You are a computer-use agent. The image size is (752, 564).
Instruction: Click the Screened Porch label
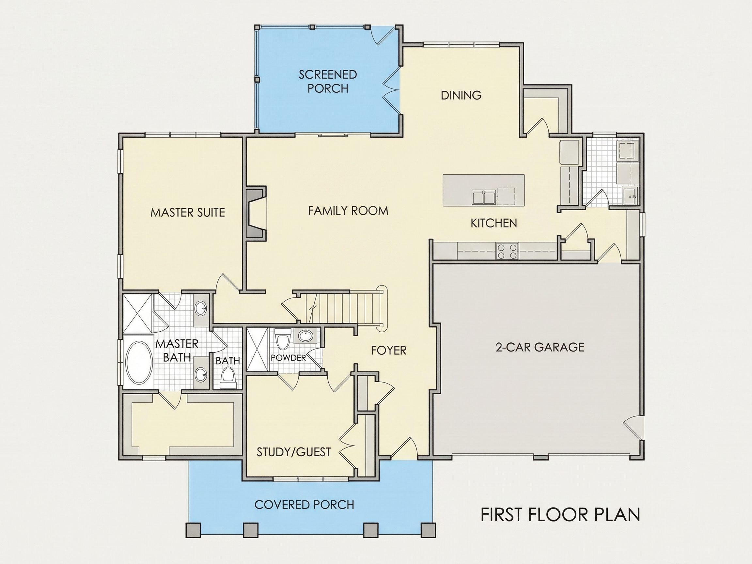(328, 82)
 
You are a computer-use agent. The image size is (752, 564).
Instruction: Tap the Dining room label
(461, 95)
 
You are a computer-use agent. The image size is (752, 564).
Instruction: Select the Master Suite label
(188, 212)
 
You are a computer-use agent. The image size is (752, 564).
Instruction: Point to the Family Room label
(348, 211)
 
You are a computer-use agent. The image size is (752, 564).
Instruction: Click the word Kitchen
(493, 223)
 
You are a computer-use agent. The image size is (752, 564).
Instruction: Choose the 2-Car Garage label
(540, 347)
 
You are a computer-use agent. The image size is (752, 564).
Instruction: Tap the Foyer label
(389, 350)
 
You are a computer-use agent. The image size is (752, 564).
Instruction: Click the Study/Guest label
(294, 452)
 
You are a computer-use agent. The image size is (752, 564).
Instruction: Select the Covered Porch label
(304, 505)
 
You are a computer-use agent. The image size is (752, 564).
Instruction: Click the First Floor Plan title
(560, 524)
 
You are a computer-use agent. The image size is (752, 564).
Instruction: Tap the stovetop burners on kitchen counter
(507, 251)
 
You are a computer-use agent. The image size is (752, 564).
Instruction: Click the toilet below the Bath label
(227, 379)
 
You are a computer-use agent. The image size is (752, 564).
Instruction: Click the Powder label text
(288, 358)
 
